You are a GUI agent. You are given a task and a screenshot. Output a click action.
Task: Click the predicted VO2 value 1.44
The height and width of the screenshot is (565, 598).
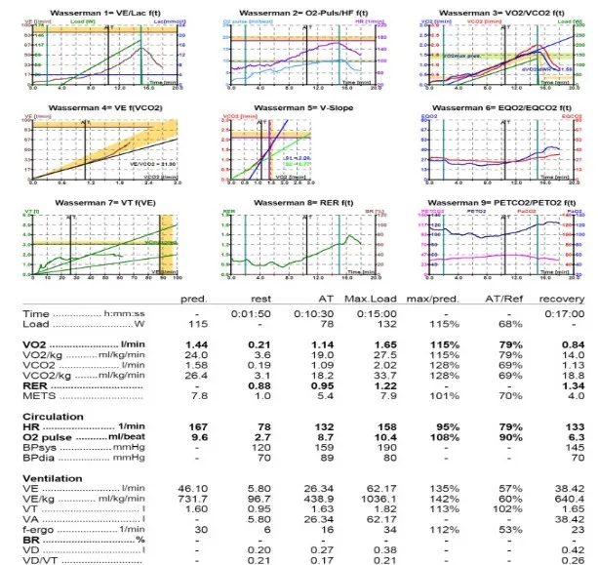coord(199,345)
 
